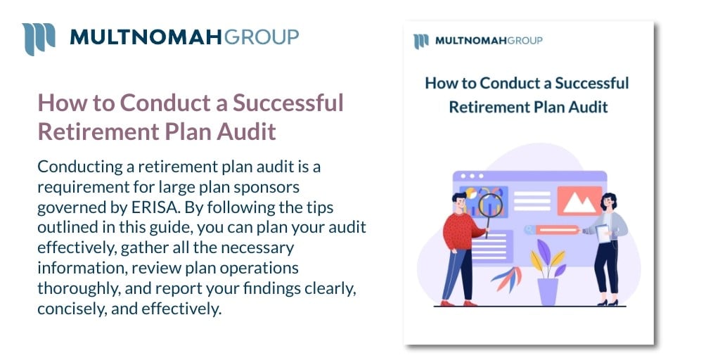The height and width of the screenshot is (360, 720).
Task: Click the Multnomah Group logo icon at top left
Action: [38, 39]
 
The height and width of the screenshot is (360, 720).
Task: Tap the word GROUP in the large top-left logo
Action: [260, 37]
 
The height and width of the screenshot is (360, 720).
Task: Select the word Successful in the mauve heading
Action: [288, 103]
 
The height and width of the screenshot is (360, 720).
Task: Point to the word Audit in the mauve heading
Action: [247, 131]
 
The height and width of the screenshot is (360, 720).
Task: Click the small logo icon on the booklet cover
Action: [421, 40]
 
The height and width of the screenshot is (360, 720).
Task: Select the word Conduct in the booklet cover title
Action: [508, 84]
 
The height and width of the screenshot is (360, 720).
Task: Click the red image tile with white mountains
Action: [579, 201]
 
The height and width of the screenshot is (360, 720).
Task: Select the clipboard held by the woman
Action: [603, 234]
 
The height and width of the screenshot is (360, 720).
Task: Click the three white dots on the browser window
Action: [472, 176]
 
